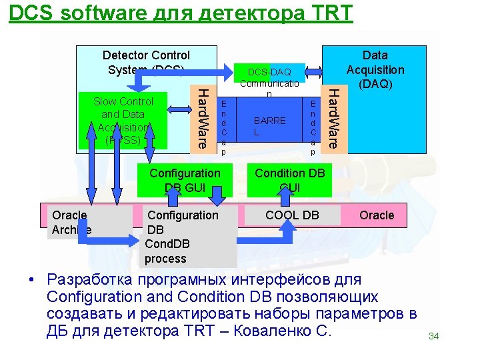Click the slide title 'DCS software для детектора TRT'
coord(181,13)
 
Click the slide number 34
coord(433,336)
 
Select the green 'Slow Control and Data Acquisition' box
coord(123,121)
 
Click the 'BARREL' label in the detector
coord(269,126)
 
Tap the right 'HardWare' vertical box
coord(336,117)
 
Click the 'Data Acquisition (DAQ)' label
coord(375,69)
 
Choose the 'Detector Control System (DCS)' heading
coord(146,62)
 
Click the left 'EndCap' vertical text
coord(224,127)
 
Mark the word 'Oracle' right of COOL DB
coord(377,215)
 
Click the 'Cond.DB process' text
coord(165,251)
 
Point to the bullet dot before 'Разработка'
coord(31,280)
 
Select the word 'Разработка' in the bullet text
coord(93,279)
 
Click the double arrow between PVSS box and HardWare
coord(179,109)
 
